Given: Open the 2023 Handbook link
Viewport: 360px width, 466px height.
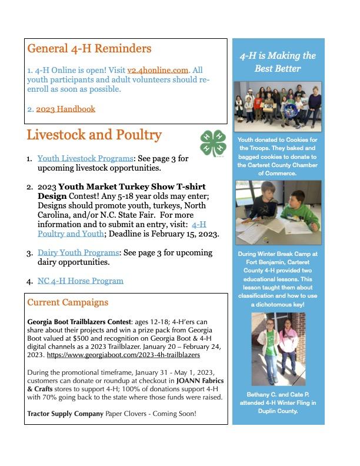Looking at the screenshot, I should tap(65, 109).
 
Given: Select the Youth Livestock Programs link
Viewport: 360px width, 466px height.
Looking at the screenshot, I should tap(85, 159).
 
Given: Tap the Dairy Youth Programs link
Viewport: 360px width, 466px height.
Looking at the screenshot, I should tap(78, 252).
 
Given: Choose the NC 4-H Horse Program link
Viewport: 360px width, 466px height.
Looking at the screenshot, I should tap(81, 281).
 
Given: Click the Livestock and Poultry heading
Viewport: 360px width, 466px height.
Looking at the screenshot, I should tap(94, 135).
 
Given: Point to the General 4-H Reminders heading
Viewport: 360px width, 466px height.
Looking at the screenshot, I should tap(89, 48).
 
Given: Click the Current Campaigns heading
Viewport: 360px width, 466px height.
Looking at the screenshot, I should tap(68, 302).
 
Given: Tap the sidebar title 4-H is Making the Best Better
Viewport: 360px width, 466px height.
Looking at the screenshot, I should tap(278, 62).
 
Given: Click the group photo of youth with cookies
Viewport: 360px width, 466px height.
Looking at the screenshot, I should tap(278, 106).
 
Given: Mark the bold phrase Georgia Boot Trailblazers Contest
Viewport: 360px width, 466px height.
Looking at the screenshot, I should tap(82, 322).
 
